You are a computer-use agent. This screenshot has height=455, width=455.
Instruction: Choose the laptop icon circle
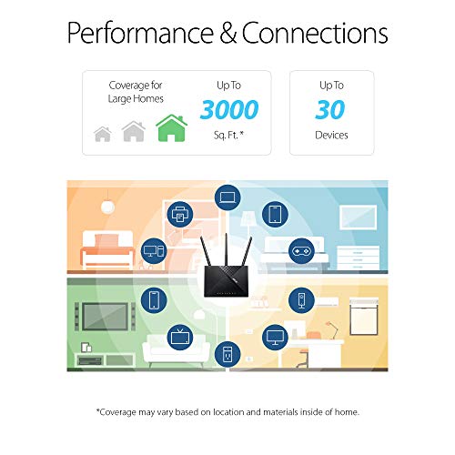pyautogui.click(x=227, y=197)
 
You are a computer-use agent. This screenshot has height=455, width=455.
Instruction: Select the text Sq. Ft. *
pyautogui.click(x=229, y=135)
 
